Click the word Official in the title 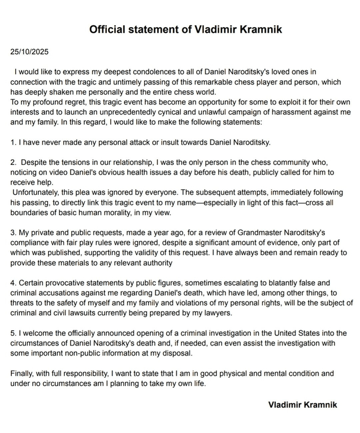110,30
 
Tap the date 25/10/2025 30,53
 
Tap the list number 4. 12,282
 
